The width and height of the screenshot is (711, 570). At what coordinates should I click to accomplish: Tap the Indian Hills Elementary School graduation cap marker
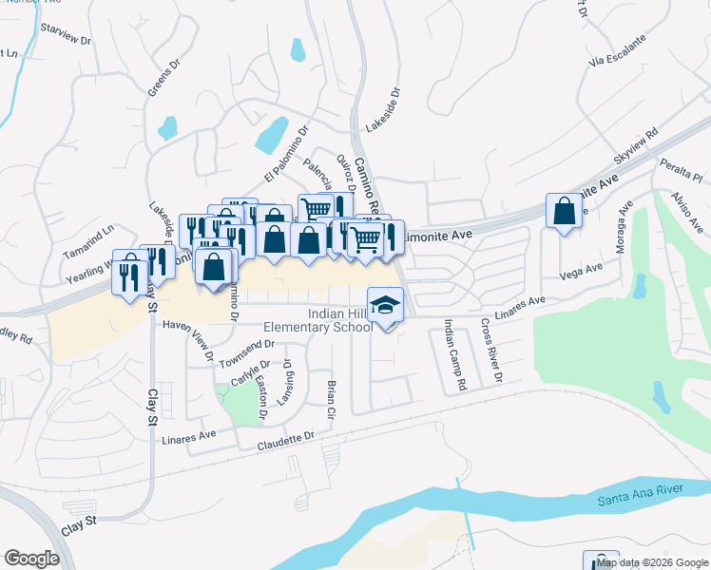(x=385, y=306)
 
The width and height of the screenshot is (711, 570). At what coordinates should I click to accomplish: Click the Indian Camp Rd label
(x=454, y=356)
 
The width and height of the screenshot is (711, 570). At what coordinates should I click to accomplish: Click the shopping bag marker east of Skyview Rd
(x=564, y=212)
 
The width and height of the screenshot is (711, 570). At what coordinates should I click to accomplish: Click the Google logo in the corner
(x=31, y=559)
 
